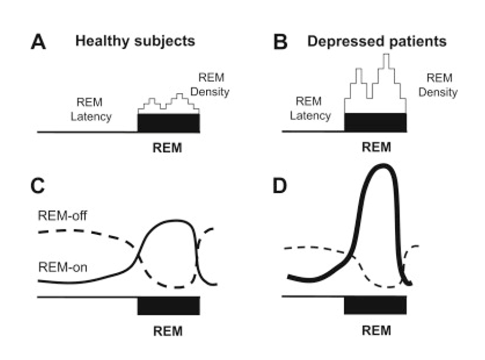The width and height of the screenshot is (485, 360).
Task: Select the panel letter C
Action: [39, 187]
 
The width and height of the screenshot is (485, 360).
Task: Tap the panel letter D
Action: [281, 187]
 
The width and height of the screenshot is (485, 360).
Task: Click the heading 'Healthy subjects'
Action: [135, 41]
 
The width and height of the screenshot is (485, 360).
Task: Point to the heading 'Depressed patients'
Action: [377, 41]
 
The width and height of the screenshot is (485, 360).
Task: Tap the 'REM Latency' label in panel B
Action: [309, 108]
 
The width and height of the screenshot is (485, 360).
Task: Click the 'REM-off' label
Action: [63, 216]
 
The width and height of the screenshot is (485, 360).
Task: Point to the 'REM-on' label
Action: [62, 267]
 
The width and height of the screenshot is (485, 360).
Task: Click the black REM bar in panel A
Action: [169, 123]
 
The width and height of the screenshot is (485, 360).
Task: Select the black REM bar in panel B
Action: [376, 122]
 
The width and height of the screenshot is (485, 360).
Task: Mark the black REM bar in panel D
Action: [376, 305]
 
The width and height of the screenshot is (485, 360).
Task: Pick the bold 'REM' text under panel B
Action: [377, 148]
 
